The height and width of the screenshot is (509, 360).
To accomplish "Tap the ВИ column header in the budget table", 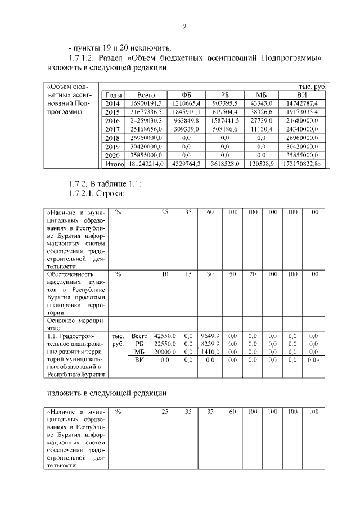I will [301, 95].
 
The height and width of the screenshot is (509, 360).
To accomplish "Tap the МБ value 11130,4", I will [261, 129].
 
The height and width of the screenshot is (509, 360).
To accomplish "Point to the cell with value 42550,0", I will [165, 335].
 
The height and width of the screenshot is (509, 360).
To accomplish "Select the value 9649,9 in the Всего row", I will [209, 335].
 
